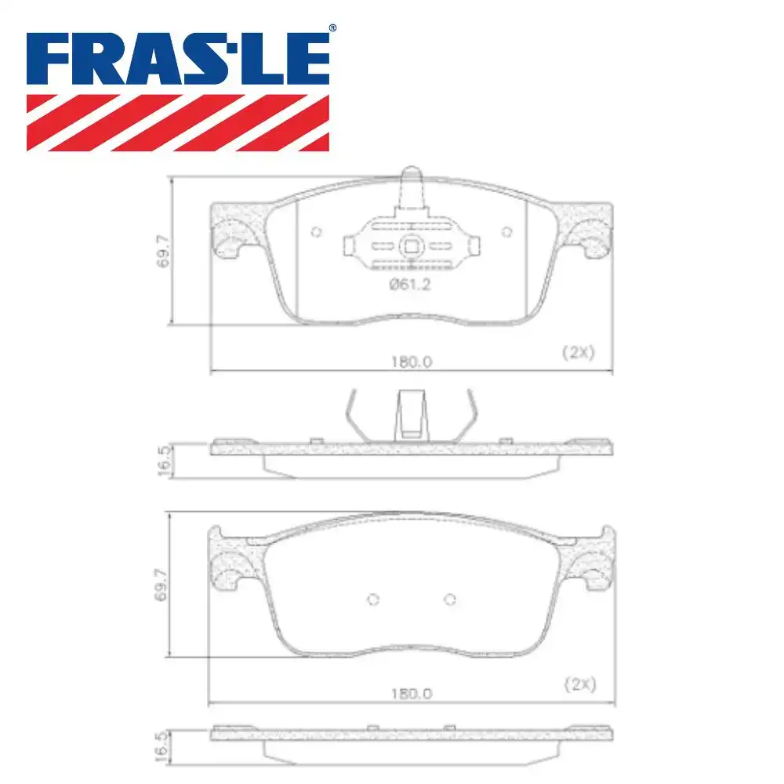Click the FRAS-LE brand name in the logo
178,59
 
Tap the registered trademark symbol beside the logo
332,28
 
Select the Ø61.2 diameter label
409,285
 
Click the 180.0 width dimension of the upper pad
412,361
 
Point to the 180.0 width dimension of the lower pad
412,694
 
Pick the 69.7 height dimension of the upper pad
164,252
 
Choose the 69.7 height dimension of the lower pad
161,585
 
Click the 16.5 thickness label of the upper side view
165,460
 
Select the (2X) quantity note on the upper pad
579,353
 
